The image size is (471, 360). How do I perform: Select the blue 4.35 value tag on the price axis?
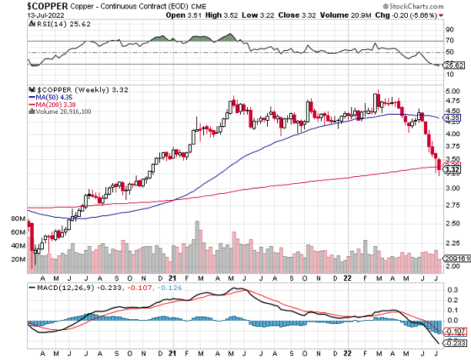click(x=452, y=118)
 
